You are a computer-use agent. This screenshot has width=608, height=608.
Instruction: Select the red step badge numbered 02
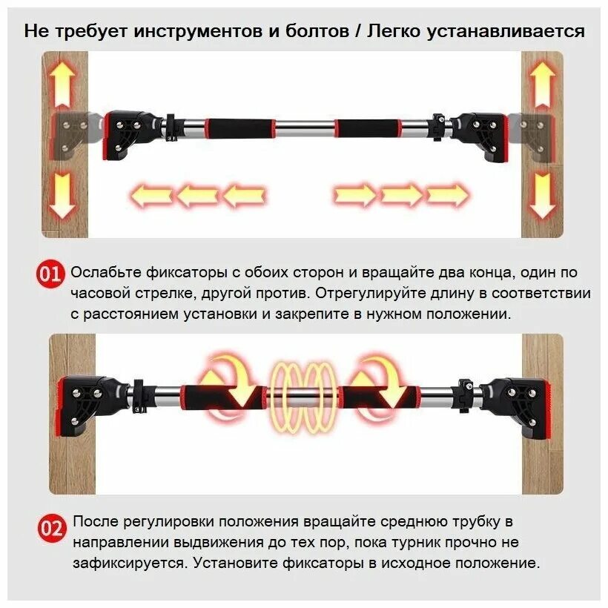point(50,529)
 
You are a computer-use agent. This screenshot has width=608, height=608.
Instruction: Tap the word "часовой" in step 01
point(99,293)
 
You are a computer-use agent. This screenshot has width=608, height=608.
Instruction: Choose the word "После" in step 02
point(94,521)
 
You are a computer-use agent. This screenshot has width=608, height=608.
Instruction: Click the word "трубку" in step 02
point(479,521)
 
